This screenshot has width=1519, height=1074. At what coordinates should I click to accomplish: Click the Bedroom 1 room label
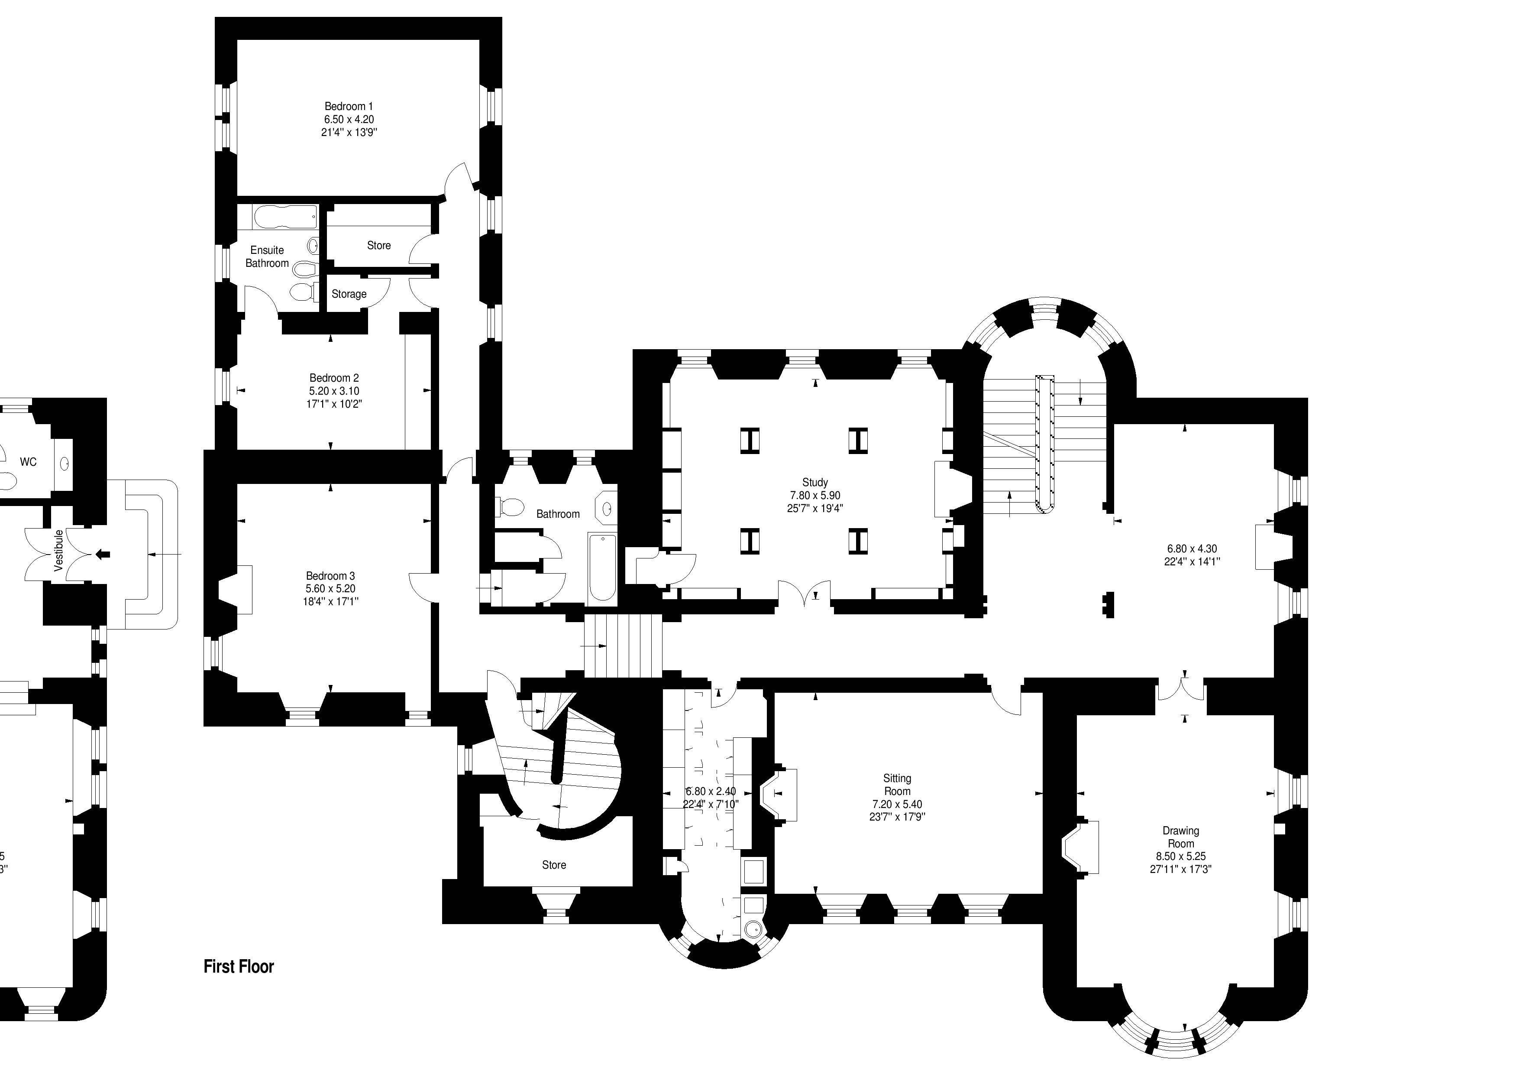point(349,106)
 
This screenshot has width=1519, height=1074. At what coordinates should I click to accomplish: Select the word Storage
point(349,294)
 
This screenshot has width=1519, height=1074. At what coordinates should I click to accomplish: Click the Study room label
point(814,482)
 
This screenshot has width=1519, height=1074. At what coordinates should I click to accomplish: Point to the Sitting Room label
point(897,785)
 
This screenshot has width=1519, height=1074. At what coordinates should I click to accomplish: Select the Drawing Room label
point(1180,837)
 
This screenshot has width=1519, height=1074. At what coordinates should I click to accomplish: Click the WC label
point(28,462)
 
